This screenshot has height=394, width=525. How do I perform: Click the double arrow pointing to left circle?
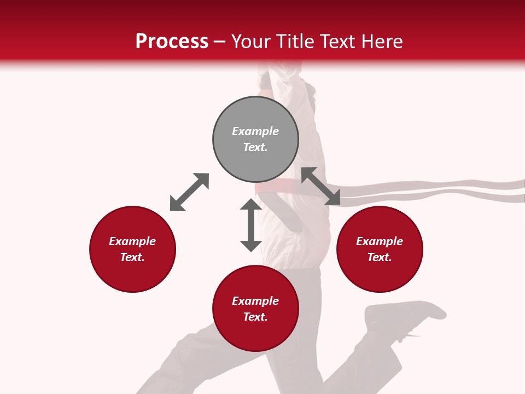pyautogui.click(x=189, y=192)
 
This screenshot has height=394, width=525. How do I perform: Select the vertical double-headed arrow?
pyautogui.click(x=251, y=225)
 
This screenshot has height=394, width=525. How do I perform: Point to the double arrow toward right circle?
pyautogui.click(x=320, y=186)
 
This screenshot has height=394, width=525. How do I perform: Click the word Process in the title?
pyautogui.click(x=172, y=41)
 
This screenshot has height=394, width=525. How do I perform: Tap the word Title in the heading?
pyautogui.click(x=296, y=41)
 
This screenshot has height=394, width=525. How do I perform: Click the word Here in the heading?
pyautogui.click(x=382, y=41)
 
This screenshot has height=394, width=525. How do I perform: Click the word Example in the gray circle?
pyautogui.click(x=255, y=131)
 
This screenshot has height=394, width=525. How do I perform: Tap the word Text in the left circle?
pyautogui.click(x=132, y=257)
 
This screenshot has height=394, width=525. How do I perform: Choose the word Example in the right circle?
pyautogui.click(x=380, y=241)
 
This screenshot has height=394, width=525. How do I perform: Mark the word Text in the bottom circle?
pyautogui.click(x=255, y=317)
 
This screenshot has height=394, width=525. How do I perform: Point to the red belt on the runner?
pyautogui.click(x=276, y=187)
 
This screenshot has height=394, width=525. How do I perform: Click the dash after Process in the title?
pyautogui.click(x=220, y=42)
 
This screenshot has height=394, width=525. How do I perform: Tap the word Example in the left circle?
pyautogui.click(x=132, y=241)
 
